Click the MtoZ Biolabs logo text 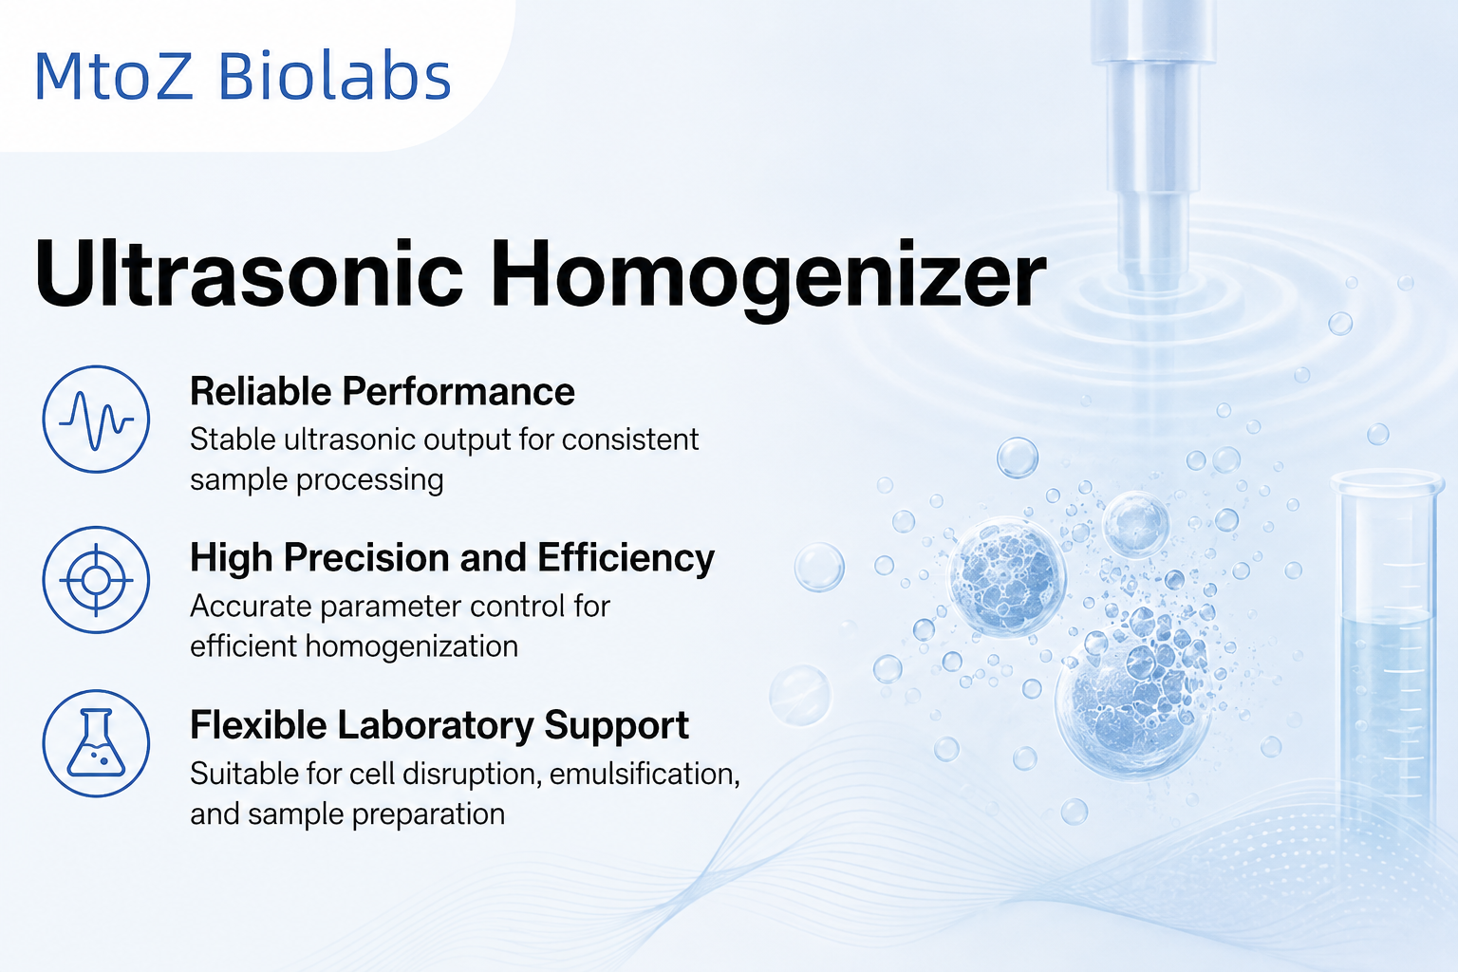point(242,76)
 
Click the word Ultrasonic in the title point(249,273)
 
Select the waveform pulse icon point(96,420)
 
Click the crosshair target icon point(96,580)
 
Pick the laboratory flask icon point(96,743)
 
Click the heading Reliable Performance point(383,391)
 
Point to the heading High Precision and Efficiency point(453,558)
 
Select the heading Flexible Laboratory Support point(439,725)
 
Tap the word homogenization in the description point(411,647)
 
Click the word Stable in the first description point(233,439)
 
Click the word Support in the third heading point(616,726)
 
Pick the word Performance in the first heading point(458,391)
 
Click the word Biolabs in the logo point(334,76)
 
